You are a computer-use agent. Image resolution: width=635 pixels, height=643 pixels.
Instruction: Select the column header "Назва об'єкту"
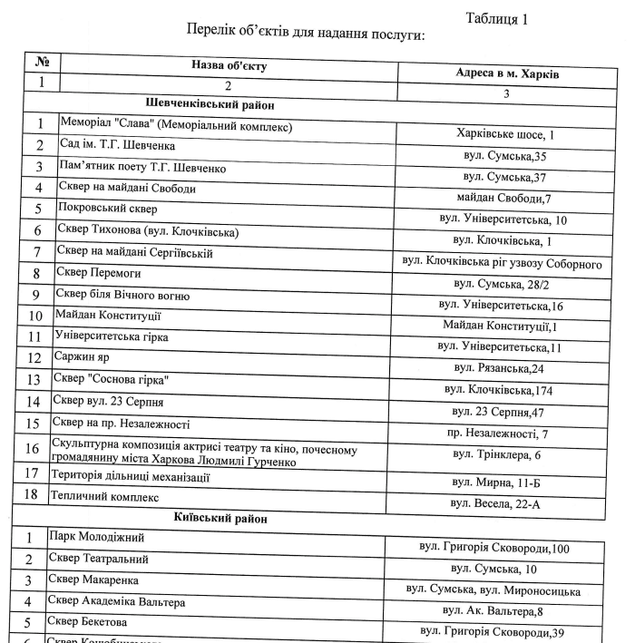click(229, 65)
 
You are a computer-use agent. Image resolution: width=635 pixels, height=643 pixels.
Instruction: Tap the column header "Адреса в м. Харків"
click(506, 73)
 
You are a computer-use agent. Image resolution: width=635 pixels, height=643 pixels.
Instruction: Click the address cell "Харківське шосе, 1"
click(506, 134)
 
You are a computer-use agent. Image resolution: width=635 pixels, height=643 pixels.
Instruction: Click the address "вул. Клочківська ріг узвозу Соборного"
click(502, 263)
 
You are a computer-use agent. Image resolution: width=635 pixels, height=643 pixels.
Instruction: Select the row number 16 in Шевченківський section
click(33, 448)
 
